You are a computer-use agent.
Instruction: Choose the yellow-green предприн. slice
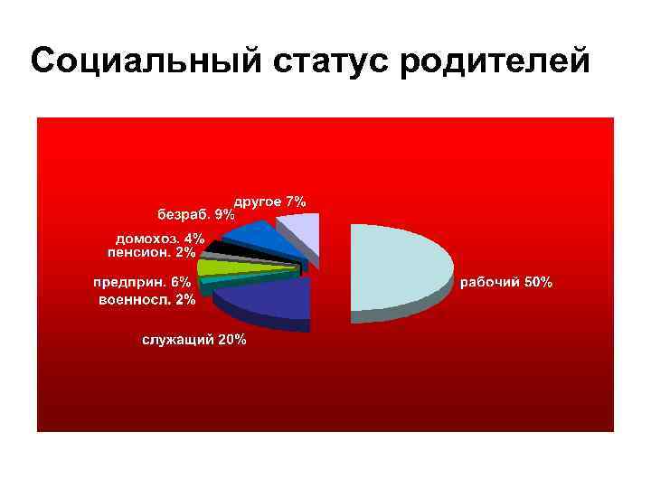click(x=217, y=267)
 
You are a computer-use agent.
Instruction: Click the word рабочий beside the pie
click(x=492, y=282)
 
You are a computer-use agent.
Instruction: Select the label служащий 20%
click(x=193, y=340)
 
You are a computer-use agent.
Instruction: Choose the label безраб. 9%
click(x=196, y=215)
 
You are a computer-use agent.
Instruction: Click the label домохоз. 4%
click(x=160, y=239)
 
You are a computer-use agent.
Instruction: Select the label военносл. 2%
click(x=146, y=298)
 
